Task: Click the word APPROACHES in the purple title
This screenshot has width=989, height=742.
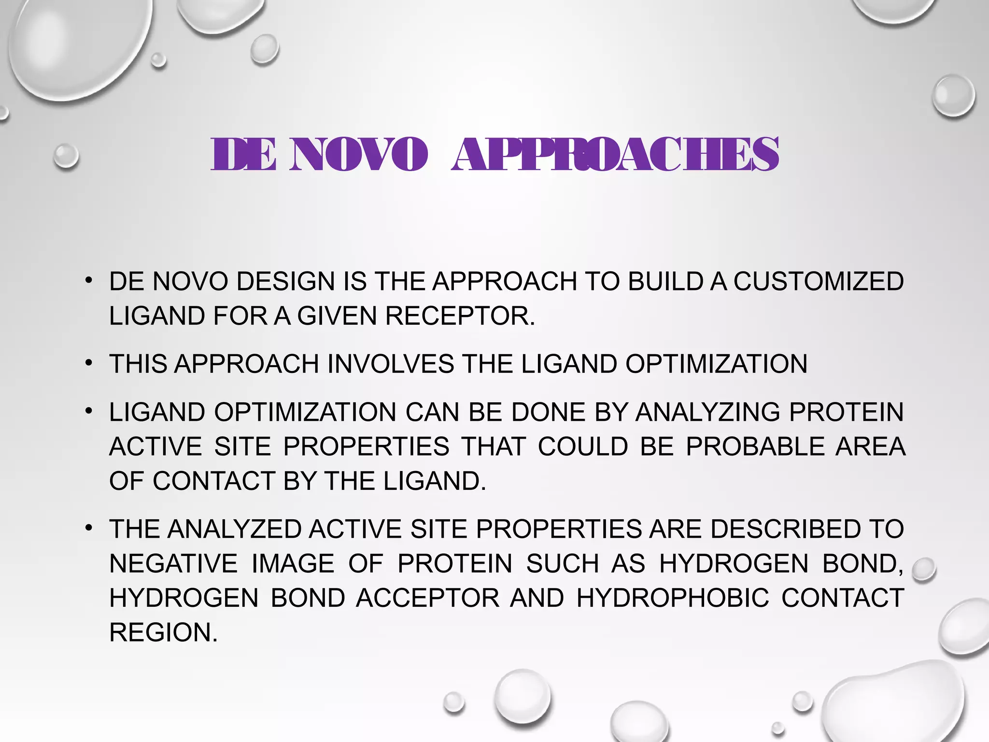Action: pyautogui.click(x=615, y=155)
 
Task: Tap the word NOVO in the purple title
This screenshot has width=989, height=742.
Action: pyautogui.click(x=358, y=155)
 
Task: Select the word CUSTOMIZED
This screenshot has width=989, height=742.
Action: pyautogui.click(x=819, y=282)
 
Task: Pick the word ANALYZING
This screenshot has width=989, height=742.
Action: pyautogui.click(x=707, y=413)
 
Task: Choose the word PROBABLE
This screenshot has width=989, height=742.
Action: pyautogui.click(x=755, y=447)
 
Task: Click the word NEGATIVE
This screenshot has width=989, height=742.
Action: pyautogui.click(x=173, y=564)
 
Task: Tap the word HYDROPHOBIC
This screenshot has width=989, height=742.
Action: pyautogui.click(x=673, y=598)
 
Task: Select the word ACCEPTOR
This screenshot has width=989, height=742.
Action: pyautogui.click(x=428, y=598)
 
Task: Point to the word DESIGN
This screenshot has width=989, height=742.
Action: pyautogui.click(x=286, y=282)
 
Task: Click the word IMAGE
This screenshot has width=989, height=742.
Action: pyautogui.click(x=293, y=564)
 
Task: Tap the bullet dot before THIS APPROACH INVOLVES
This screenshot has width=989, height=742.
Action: pyautogui.click(x=88, y=363)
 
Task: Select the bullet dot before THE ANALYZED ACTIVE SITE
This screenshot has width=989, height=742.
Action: pyautogui.click(x=88, y=528)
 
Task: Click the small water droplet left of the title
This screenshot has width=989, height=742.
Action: pyautogui.click(x=66, y=156)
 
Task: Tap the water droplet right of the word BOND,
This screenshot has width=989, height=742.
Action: pyautogui.click(x=924, y=570)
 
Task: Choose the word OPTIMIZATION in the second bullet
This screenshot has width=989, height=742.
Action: pyautogui.click(x=716, y=364)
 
